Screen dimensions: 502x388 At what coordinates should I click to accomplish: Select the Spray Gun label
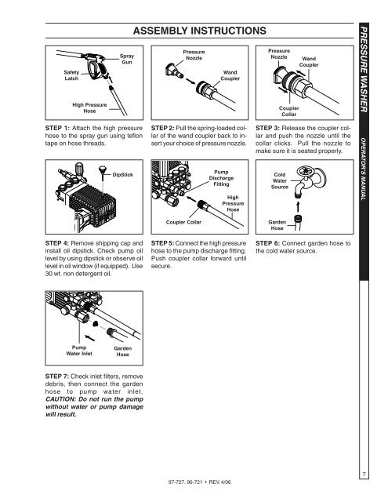(x=126, y=59)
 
